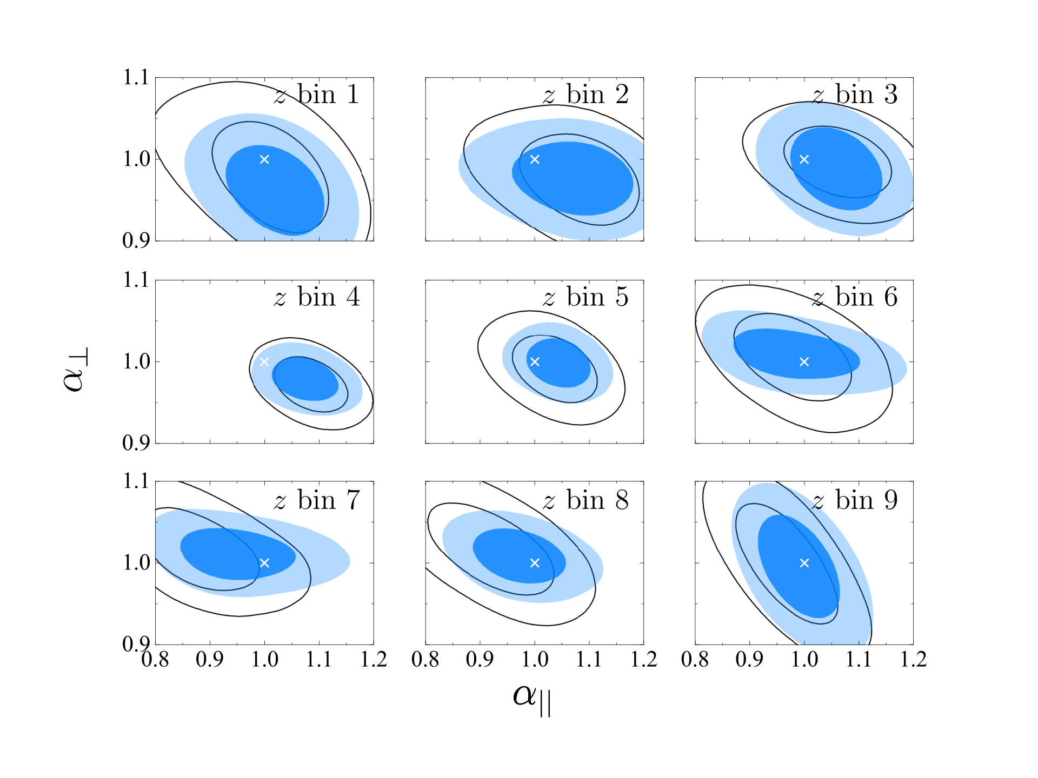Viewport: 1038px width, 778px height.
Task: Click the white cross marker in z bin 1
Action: (x=264, y=159)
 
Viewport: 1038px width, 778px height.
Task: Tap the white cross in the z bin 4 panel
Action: (x=264, y=361)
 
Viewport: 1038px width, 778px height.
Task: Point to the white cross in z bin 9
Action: (x=804, y=563)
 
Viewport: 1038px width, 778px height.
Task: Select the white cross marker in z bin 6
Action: (x=804, y=361)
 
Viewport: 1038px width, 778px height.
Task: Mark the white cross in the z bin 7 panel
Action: (x=264, y=563)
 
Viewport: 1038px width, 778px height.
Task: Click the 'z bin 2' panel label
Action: (x=586, y=95)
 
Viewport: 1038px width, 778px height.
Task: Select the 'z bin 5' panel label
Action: (x=586, y=297)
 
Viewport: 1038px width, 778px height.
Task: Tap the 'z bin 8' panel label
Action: (x=586, y=500)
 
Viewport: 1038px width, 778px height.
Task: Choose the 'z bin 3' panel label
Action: (x=855, y=95)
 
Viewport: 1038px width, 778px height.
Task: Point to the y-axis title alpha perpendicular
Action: (x=75, y=369)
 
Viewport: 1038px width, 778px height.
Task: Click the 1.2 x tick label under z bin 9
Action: (x=913, y=659)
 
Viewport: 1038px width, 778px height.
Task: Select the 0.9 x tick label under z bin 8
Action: (x=480, y=659)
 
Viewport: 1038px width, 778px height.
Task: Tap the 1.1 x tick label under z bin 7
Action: (x=319, y=659)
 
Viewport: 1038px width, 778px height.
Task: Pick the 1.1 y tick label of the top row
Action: (x=136, y=78)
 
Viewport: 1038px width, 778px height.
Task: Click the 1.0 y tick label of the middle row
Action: (x=136, y=361)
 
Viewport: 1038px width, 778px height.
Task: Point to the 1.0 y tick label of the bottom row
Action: (x=136, y=563)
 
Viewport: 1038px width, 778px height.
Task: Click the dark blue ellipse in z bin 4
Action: (x=305, y=378)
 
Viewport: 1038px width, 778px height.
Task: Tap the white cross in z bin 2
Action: (x=535, y=159)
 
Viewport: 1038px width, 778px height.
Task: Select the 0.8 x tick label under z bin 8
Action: (x=425, y=659)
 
